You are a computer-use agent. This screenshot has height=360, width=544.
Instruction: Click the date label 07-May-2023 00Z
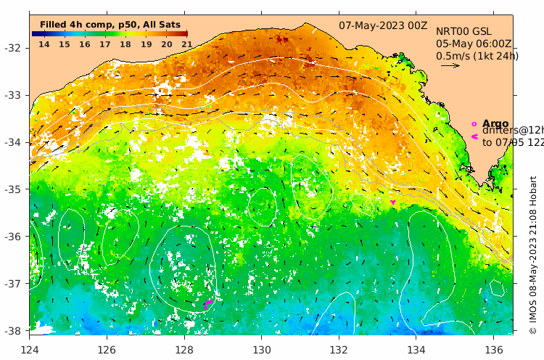pyautogui.click(x=383, y=25)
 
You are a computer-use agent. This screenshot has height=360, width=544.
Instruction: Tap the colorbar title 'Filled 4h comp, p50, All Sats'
pyautogui.click(x=110, y=25)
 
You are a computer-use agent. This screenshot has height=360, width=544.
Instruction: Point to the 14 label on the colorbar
pyautogui.click(x=44, y=44)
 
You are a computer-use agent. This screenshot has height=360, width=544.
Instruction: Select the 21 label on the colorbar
pyautogui.click(x=186, y=44)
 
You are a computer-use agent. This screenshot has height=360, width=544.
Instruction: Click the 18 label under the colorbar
pyautogui.click(x=125, y=44)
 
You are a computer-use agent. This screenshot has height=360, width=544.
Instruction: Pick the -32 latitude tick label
pyautogui.click(x=15, y=48)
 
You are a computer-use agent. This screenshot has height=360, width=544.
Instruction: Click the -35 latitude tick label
pyautogui.click(x=15, y=189)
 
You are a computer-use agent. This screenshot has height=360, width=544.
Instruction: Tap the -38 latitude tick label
pyautogui.click(x=15, y=330)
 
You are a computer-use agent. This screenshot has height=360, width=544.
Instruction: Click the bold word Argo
pyautogui.click(x=495, y=123)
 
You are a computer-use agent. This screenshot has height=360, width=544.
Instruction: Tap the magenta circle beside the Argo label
pyautogui.click(x=474, y=123)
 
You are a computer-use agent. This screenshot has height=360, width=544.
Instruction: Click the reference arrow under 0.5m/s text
pyautogui.click(x=450, y=65)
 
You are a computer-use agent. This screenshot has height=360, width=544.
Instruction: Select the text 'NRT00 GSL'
pyautogui.click(x=463, y=32)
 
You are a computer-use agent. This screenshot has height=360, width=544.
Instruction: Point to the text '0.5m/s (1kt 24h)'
pyautogui.click(x=477, y=55)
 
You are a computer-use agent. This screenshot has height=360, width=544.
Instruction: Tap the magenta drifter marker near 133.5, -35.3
pyautogui.click(x=393, y=202)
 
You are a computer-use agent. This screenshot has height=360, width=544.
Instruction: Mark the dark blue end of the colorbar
pyautogui.click(x=35, y=33)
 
